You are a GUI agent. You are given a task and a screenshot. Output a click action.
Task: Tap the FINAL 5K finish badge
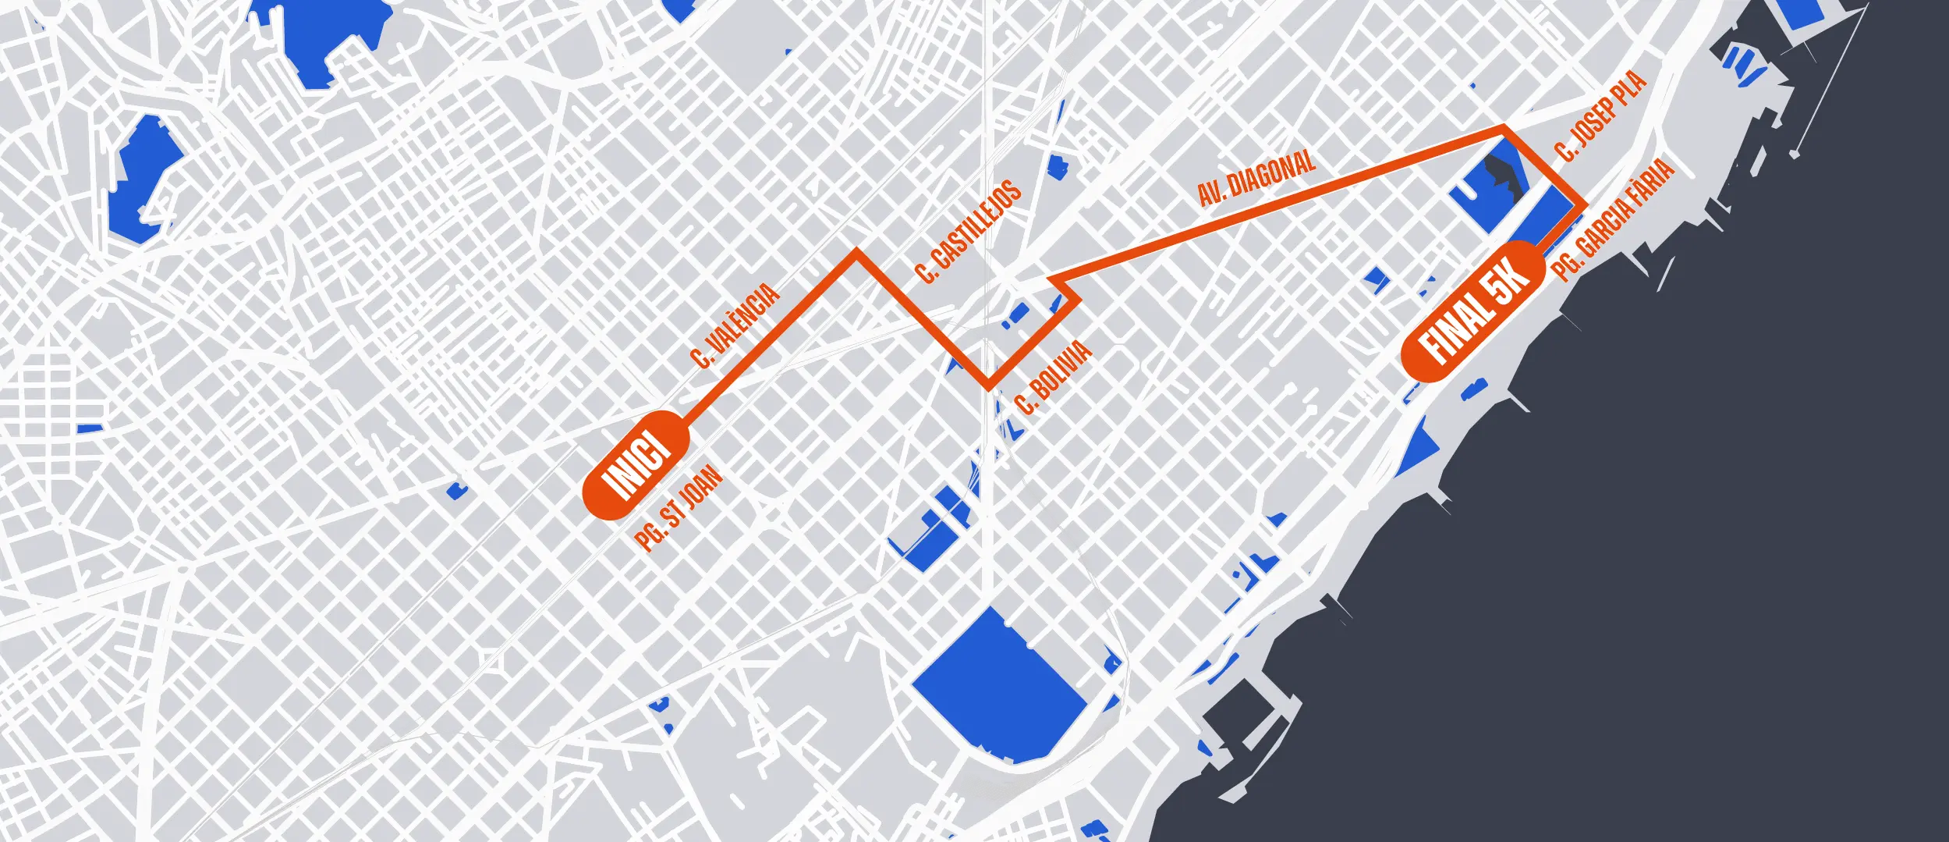(1472, 311)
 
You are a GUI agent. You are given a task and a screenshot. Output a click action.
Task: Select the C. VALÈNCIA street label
(735, 326)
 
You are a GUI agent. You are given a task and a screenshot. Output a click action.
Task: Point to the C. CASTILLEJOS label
(968, 231)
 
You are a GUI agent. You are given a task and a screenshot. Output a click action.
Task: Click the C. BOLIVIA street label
(1054, 378)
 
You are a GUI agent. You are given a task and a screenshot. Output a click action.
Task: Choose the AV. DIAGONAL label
(1256, 179)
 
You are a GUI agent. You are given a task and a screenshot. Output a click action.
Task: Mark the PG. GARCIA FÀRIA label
(1613, 219)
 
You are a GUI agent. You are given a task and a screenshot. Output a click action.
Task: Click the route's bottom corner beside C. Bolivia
(988, 385)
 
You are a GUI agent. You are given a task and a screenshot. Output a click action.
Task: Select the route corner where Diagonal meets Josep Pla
(1503, 128)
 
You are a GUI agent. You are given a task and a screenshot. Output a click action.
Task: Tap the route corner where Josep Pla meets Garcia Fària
(1583, 206)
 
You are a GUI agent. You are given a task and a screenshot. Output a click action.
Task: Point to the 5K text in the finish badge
(1508, 282)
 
